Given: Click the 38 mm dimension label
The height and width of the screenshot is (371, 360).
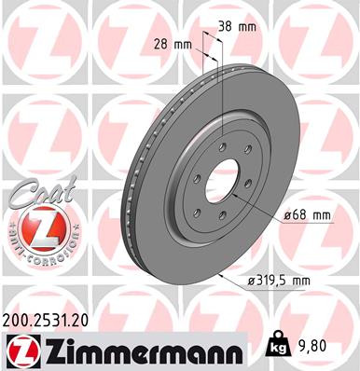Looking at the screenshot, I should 238,26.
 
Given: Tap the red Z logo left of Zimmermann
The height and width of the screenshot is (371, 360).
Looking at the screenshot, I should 20,350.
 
